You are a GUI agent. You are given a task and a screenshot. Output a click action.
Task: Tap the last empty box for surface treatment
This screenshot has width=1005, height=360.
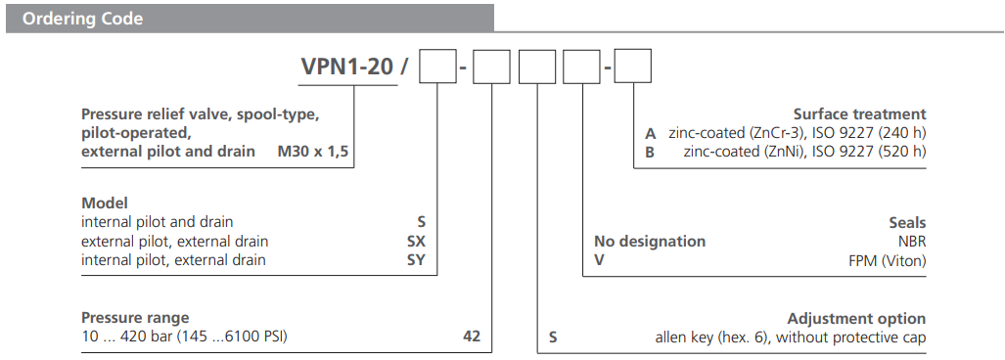point(632,69)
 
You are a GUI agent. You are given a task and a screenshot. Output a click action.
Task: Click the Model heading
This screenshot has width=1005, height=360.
point(105,203)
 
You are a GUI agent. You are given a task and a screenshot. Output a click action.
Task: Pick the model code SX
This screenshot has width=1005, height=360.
point(416,241)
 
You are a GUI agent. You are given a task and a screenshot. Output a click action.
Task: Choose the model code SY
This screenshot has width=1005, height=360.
point(416,259)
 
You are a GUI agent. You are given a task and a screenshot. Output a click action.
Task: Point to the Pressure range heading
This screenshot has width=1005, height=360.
point(135,318)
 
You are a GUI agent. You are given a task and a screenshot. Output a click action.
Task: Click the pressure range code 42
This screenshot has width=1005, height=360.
point(472,337)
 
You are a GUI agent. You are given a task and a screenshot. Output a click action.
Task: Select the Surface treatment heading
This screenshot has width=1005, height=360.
point(858,114)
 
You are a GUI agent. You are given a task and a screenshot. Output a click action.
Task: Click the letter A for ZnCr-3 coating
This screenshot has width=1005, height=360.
point(650,133)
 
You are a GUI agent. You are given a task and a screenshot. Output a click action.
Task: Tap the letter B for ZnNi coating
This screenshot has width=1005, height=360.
point(650,151)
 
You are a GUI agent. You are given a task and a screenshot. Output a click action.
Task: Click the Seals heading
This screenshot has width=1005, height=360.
point(906,223)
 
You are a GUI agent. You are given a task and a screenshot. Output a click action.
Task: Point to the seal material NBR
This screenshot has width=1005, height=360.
point(909,241)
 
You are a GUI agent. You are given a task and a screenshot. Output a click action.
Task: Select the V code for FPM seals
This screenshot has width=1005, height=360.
point(600,259)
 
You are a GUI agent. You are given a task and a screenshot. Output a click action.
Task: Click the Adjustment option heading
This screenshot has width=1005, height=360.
point(856,318)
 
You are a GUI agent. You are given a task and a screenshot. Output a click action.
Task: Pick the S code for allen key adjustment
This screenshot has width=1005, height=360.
point(553,337)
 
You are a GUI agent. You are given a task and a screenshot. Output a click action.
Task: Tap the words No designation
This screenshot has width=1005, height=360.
point(650,241)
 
